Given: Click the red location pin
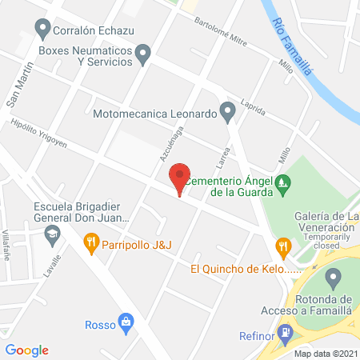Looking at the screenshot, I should tap(179, 178).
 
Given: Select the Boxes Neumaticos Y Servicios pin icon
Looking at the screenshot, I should tap(143, 54).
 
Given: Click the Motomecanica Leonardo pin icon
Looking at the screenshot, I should tap(228, 113).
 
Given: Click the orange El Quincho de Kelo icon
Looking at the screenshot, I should tap(282, 246).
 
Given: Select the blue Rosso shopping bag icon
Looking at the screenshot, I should tap(125, 322).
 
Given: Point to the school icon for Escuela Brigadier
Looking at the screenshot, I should tap(52, 234).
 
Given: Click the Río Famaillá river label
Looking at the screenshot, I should tap(290, 46).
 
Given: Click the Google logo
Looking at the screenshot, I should tap(27, 350).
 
